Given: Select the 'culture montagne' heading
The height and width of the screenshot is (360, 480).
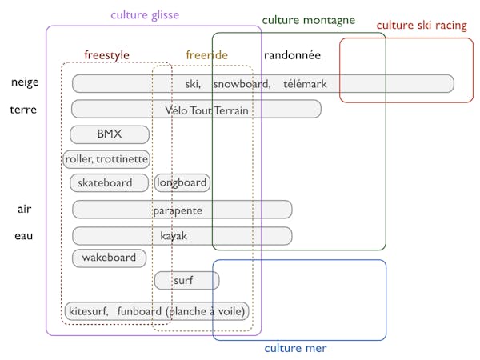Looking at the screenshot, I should point(308,20).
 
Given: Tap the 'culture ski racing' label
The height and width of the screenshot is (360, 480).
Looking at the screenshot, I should point(422,26).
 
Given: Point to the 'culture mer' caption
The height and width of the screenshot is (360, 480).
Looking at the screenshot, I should point(295,348).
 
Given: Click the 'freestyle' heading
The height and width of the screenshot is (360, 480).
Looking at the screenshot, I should point(106,55).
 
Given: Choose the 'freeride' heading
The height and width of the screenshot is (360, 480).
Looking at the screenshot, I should point(206,55).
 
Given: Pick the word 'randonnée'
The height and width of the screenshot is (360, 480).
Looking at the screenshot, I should point(292,55).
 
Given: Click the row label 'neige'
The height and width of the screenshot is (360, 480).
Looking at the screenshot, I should point(25,82).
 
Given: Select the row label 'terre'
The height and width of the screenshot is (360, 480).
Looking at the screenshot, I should point(23,110).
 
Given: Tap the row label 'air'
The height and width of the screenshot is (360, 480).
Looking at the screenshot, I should point(24,210).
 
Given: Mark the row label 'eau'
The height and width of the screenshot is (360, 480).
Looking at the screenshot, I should point(24,236).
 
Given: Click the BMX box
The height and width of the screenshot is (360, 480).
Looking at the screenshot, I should point(110,134).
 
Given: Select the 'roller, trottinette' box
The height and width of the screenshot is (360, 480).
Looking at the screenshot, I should point(106,159).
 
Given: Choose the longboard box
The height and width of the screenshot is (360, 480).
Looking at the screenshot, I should point(182,183).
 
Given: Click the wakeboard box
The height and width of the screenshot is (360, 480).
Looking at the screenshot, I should point(109,258).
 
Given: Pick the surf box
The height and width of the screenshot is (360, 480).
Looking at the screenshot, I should point(186,281).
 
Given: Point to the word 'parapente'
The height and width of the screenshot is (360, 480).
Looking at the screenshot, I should point(178,210).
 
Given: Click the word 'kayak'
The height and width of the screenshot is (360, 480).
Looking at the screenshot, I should point(174,237).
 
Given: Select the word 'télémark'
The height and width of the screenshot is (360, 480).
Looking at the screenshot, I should point(305,84).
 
